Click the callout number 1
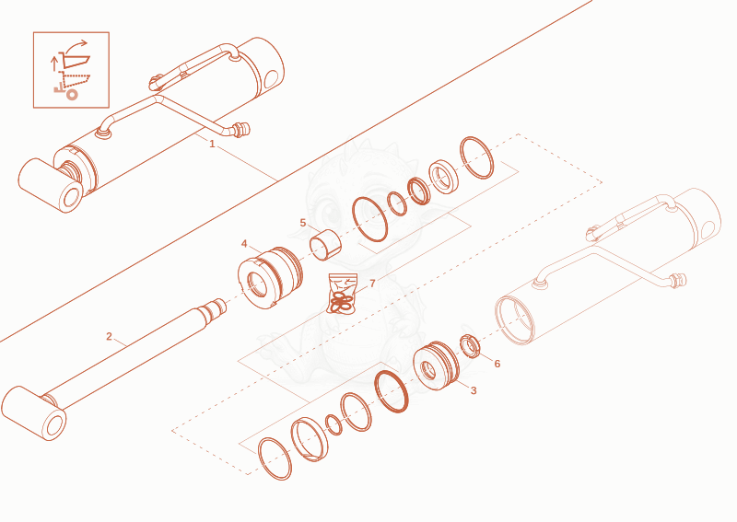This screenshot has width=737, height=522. click(212, 144)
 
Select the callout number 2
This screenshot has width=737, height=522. click(109, 336)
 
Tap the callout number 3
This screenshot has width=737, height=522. click(474, 390)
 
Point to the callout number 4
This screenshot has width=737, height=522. click(244, 244)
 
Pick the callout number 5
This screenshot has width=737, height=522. click(303, 223)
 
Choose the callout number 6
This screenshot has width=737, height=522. click(497, 364)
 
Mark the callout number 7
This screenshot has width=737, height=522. click(373, 284)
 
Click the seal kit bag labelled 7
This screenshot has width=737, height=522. click(343, 294)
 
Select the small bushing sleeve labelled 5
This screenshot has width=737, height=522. click(325, 245)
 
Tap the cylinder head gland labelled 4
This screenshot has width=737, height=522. click(270, 278)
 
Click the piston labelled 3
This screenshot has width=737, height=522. click(436, 366)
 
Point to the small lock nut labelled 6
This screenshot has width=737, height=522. click(470, 346)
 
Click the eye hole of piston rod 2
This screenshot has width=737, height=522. click(55, 425)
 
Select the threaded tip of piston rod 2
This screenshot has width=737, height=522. click(219, 307)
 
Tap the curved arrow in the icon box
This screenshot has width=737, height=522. click(76, 47)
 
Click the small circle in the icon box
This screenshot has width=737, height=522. click(72, 95)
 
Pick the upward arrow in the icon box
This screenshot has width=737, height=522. click(54, 64)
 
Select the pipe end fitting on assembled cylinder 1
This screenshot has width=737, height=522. click(241, 129)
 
